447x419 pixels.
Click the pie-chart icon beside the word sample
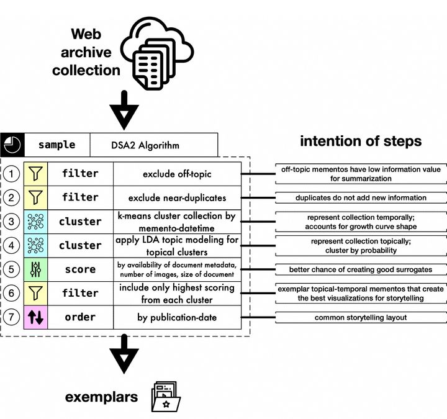[12, 145]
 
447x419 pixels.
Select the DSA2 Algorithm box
[154, 145]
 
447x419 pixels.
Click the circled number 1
[11, 174]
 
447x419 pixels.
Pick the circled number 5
[11, 269]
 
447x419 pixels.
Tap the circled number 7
[11, 317]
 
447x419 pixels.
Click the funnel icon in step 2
[35, 197]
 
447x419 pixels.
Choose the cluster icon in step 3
[35, 222]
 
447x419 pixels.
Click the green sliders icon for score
[35, 269]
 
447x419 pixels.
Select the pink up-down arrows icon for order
[35, 317]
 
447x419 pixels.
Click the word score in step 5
[80, 269]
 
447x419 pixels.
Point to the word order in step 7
[80, 317]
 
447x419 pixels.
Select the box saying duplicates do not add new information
[360, 198]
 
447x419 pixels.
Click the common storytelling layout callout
[360, 318]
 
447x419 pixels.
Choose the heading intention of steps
[360, 142]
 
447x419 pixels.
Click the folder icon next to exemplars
[165, 396]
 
